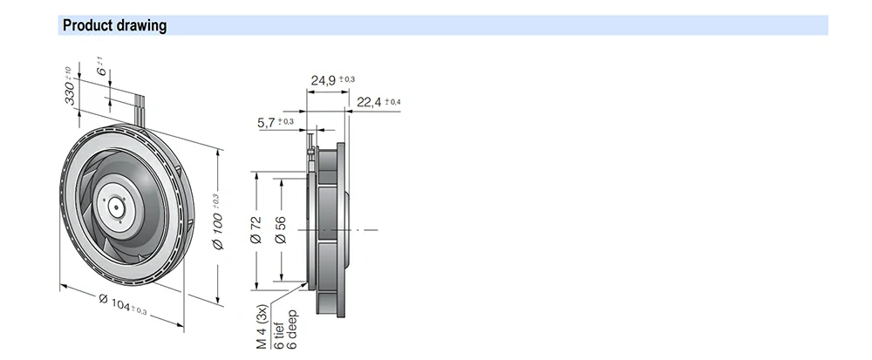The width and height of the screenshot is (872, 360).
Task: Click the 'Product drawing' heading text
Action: point(114,25)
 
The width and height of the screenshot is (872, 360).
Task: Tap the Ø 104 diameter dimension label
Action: point(115,302)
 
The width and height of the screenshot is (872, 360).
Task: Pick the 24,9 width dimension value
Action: point(324,80)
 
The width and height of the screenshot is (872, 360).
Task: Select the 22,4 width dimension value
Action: point(369,102)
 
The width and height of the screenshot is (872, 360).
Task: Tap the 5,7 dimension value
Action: point(266,123)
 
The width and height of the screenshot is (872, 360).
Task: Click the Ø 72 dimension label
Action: point(255,230)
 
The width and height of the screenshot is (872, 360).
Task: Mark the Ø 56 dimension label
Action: point(281,230)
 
